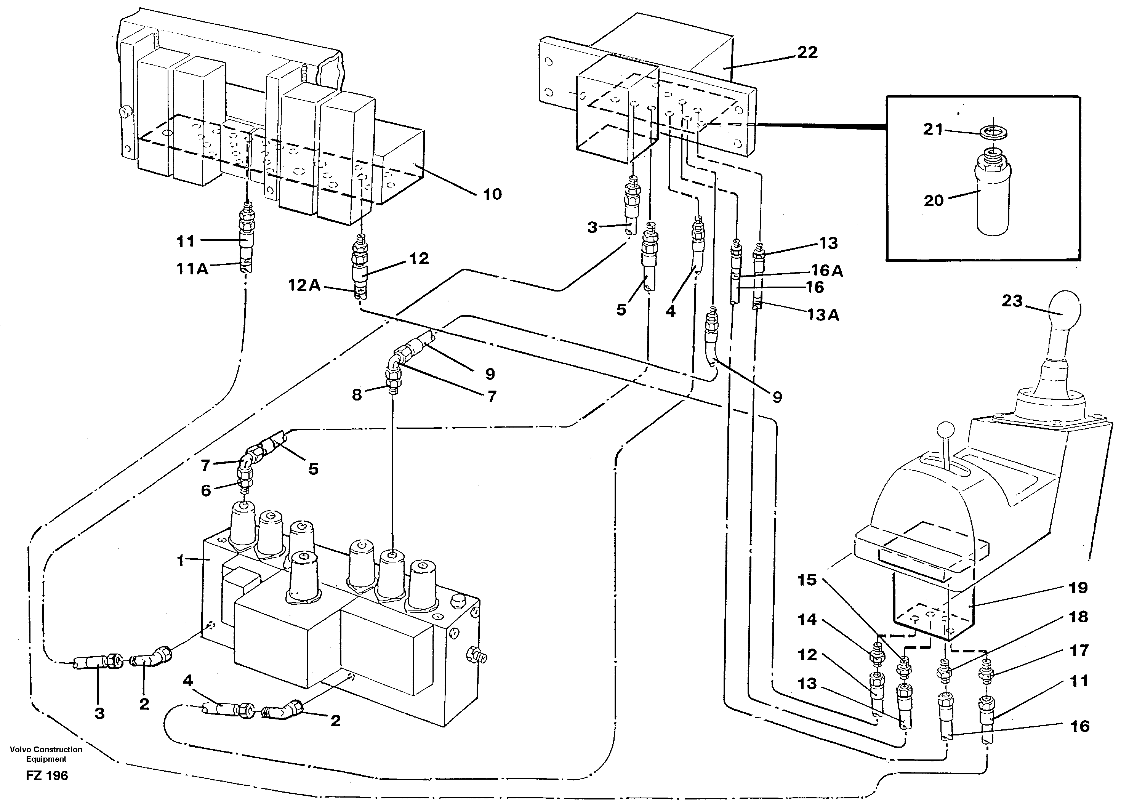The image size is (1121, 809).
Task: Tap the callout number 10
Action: pyautogui.click(x=492, y=194)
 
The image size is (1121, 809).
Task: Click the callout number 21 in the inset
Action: pyautogui.click(x=933, y=130)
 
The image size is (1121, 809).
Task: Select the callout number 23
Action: pyautogui.click(x=1012, y=301)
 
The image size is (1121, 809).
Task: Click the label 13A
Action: pyautogui.click(x=823, y=315)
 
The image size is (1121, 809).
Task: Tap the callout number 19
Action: pyautogui.click(x=1078, y=588)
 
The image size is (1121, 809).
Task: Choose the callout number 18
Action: pyautogui.click(x=1078, y=617)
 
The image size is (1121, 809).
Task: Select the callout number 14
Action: pyautogui.click(x=807, y=620)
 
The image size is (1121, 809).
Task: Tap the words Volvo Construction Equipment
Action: pyautogui.click(x=46, y=754)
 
